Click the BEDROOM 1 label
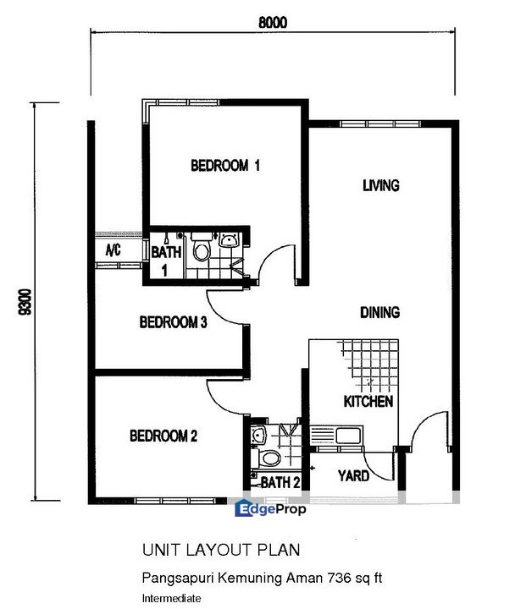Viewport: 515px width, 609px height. tap(224, 166)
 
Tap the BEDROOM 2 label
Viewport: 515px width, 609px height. tap(163, 436)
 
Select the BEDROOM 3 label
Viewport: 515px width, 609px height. tap(174, 321)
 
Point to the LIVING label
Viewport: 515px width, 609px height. tap(380, 185)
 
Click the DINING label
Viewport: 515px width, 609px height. tap(380, 313)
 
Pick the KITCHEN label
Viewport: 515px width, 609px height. tap(368, 401)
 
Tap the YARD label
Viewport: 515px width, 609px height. tap(353, 476)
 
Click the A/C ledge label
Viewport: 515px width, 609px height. tap(114, 250)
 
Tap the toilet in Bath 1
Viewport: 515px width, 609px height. tap(202, 250)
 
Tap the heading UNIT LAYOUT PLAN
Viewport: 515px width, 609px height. tap(220, 550)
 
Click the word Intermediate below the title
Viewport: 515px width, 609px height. tap(172, 598)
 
